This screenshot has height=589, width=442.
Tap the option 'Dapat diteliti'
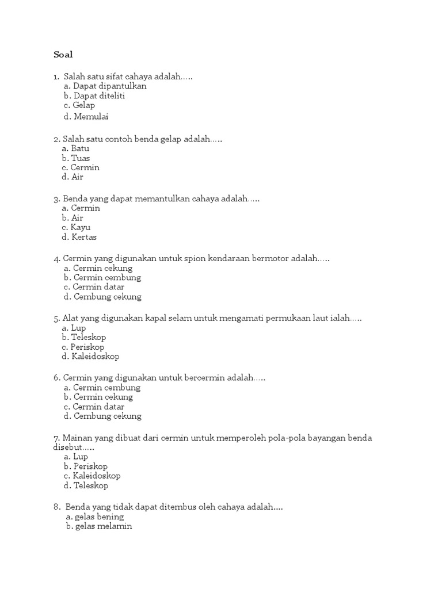99,95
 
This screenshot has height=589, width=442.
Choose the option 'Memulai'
91,116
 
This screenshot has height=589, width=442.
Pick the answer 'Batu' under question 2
80,148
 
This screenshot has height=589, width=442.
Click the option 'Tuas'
80,158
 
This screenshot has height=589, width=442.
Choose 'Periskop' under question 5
87,347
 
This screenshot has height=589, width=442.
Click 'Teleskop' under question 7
91,485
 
